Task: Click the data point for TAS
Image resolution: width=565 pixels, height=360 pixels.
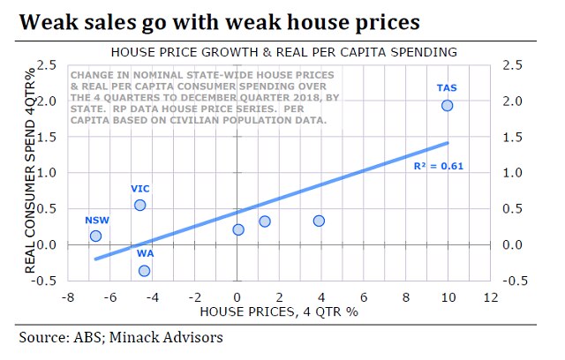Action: (x=447, y=106)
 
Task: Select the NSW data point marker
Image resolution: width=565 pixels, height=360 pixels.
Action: (x=95, y=236)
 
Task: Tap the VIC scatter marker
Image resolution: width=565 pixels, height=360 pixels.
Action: (x=139, y=205)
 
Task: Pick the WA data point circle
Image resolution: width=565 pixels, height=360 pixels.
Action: (x=144, y=271)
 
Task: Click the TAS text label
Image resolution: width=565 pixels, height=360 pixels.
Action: (x=447, y=87)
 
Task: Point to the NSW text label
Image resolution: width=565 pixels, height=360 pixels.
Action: (x=96, y=220)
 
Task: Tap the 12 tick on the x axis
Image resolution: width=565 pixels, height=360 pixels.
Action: (x=491, y=297)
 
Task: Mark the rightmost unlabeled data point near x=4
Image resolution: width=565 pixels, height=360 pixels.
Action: (x=319, y=221)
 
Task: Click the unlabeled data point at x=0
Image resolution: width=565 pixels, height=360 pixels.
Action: (x=238, y=229)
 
